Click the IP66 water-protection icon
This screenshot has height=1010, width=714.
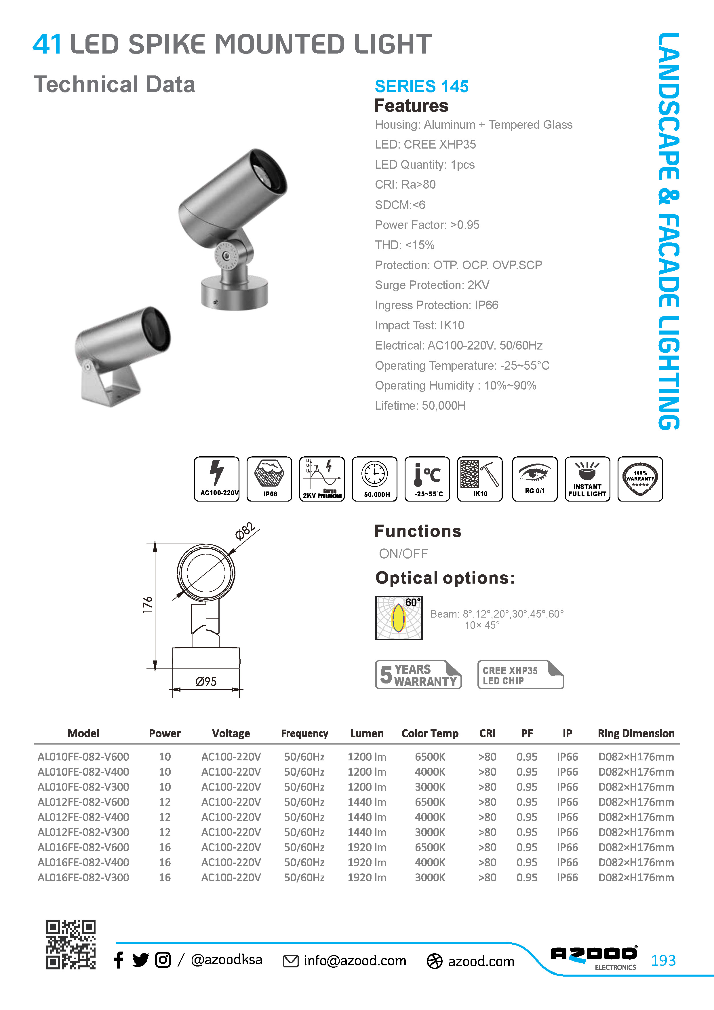coord(269,479)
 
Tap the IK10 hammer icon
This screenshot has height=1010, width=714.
coord(480,479)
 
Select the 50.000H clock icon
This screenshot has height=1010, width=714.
coord(375,479)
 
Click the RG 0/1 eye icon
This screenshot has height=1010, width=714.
coord(535,479)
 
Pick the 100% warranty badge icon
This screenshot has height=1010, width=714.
coord(640,479)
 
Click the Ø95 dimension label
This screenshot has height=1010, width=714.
coord(206,682)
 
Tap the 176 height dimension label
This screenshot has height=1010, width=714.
coord(148,605)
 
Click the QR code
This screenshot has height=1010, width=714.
coord(71,944)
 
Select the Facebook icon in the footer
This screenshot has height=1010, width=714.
coord(119,960)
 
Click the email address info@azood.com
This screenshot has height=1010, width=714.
coord(355,960)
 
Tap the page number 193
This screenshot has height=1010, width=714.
coord(663,960)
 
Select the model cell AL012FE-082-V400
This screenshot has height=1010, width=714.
coord(83,817)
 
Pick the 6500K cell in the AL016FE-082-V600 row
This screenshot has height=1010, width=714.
coord(430,847)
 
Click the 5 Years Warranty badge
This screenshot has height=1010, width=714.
coord(418,674)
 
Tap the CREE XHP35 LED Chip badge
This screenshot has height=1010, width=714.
coord(521,674)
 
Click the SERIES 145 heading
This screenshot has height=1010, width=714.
coord(422,86)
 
